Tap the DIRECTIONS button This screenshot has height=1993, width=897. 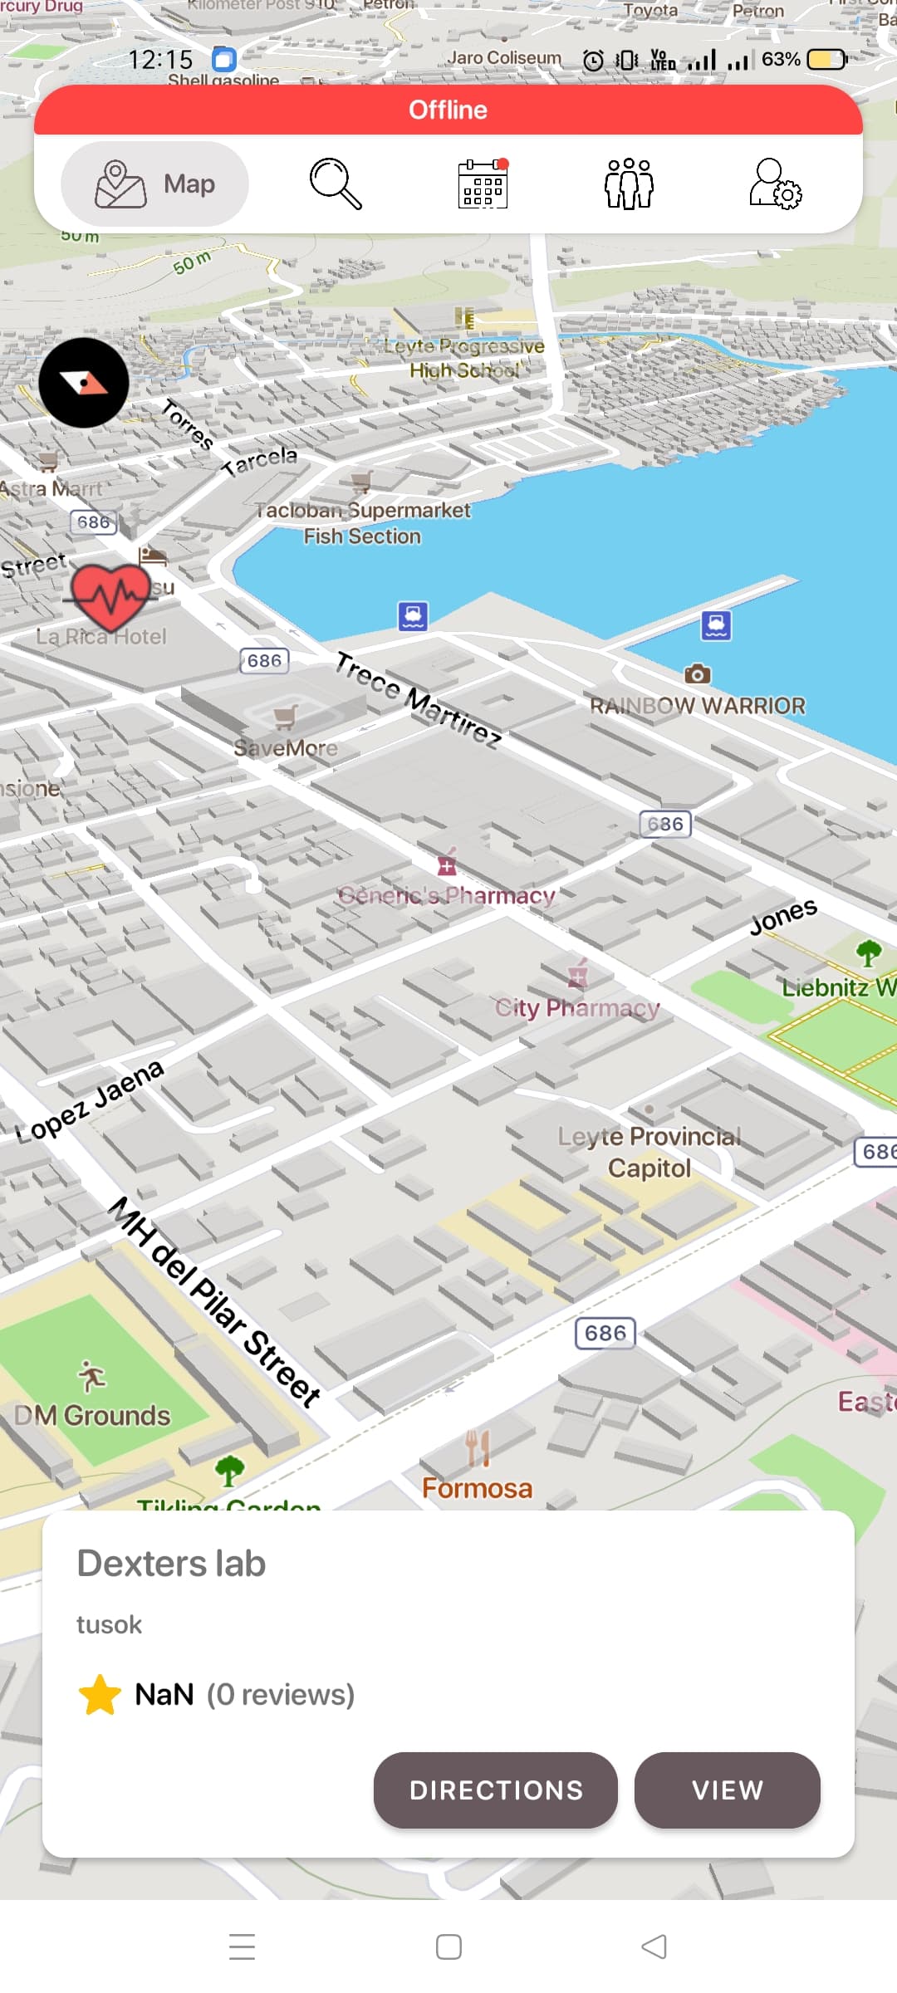495,1790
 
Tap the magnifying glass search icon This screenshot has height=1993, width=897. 336,184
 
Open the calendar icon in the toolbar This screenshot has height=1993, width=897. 483,184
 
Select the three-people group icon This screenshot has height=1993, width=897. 629,184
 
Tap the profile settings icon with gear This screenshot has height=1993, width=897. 775,184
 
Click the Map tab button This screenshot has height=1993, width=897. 155,184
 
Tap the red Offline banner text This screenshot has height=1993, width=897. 448,110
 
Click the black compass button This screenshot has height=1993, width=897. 84,383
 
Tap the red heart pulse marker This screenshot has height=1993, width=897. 110,594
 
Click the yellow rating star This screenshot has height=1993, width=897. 100,1695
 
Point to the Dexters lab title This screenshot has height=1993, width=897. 171,1563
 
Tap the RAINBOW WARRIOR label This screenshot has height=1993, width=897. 698,705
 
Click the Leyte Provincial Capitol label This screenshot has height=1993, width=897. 649,1152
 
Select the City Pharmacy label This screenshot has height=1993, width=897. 578,1007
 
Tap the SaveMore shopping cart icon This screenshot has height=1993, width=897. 286,716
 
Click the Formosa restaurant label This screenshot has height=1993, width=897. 477,1487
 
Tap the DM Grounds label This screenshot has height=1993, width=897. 92,1415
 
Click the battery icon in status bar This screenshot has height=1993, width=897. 827,60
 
